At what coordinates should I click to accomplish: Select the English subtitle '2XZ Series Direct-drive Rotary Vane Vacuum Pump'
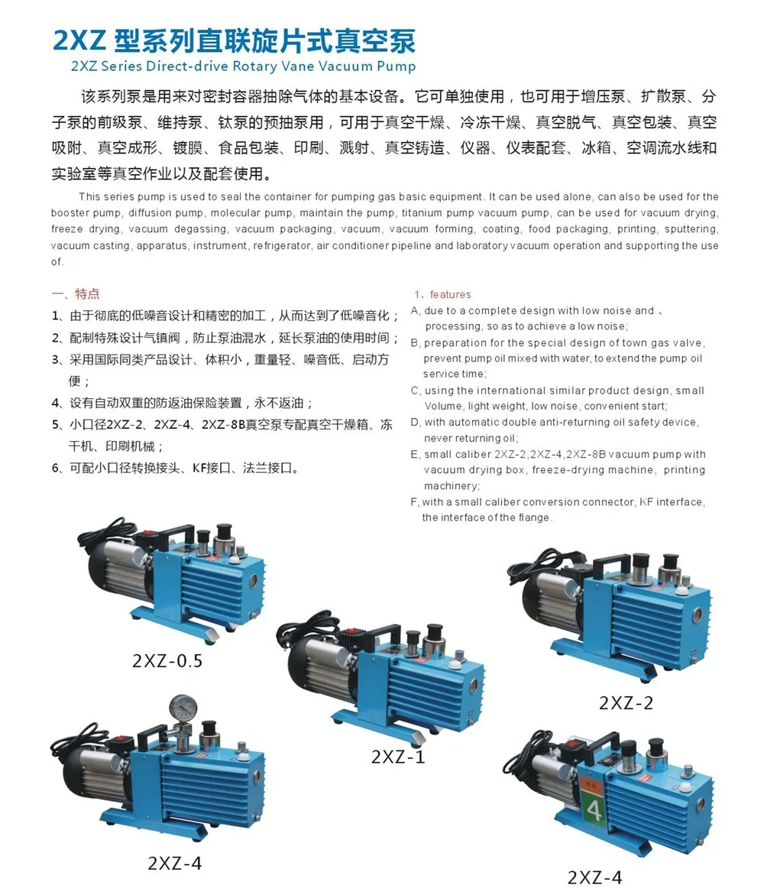[243, 66]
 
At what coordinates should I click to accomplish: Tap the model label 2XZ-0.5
[167, 660]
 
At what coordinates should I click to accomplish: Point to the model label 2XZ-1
[397, 757]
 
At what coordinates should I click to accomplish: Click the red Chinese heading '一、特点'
[75, 294]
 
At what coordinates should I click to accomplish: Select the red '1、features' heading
[443, 294]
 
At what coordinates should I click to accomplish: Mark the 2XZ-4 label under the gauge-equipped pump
[175, 864]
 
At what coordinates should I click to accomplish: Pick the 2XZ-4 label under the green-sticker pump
[594, 877]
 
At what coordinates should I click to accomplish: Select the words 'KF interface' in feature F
[671, 502]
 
